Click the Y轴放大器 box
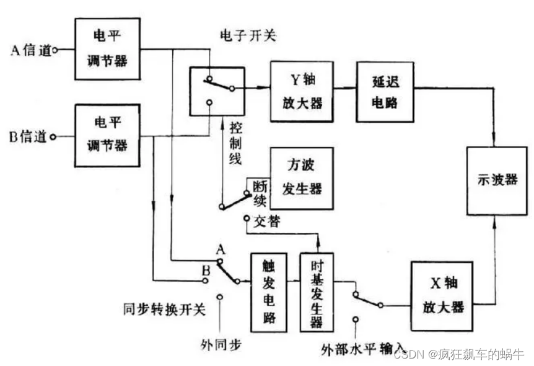[x=306, y=91]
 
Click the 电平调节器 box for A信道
[x=107, y=49]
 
